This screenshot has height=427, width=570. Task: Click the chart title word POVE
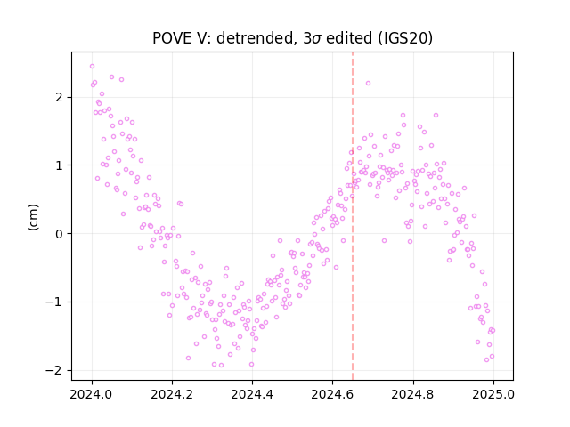coord(172,38)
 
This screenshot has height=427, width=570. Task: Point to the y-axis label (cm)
coord(33,217)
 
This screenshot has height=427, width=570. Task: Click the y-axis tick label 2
coord(60,97)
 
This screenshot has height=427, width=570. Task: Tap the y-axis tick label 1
coord(60,165)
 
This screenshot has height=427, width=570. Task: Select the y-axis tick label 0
coord(60,233)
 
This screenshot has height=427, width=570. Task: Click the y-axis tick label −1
coord(53,302)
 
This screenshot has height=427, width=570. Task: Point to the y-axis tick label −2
coord(53,370)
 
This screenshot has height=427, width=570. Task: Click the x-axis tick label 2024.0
coord(92,394)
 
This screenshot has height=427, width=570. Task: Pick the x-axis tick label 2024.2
coord(172,394)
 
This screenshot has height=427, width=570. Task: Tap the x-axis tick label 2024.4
coord(252,394)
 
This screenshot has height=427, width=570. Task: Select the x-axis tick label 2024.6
coord(332,394)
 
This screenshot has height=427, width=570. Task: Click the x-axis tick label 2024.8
coord(413,394)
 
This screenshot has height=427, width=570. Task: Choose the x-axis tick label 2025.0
coord(493,394)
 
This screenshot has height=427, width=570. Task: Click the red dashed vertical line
coord(353,216)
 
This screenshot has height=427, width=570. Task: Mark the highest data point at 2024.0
coord(92,66)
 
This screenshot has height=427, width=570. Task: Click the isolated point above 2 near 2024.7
coord(368,83)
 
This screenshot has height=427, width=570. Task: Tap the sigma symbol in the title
coord(317,39)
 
